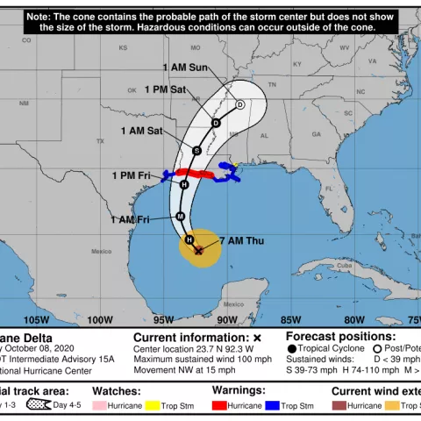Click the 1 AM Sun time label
[184, 68]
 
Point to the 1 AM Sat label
[142, 131]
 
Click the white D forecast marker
[239, 103]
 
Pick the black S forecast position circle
[197, 150]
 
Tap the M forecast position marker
[180, 216]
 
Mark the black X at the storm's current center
[199, 250]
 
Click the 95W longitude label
[163, 320]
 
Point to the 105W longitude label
[36, 320]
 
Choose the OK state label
[131, 89]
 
